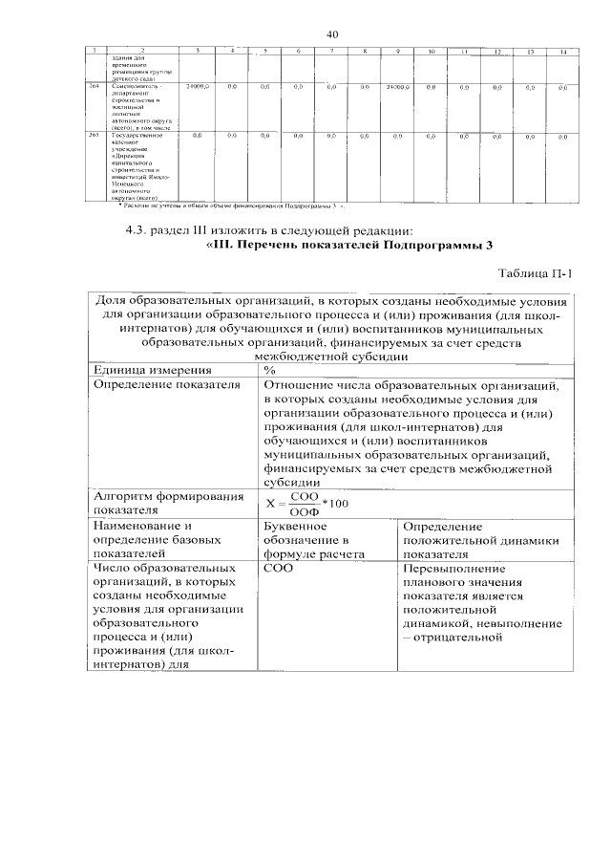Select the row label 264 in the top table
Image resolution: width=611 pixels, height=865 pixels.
(x=95, y=87)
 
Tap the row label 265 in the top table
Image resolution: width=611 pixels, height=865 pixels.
(x=95, y=137)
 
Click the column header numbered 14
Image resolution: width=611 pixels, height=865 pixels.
(x=563, y=50)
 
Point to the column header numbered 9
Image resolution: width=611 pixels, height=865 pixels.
(x=396, y=50)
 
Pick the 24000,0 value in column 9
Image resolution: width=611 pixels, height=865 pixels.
(x=397, y=87)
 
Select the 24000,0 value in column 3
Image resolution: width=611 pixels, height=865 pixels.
(x=198, y=87)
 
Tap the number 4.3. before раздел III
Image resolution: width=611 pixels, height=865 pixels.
(x=140, y=229)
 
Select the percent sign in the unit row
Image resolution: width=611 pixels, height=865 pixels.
(x=270, y=370)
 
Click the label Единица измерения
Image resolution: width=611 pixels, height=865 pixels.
(x=151, y=370)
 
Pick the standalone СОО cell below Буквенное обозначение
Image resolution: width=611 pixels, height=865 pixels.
(x=279, y=568)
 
